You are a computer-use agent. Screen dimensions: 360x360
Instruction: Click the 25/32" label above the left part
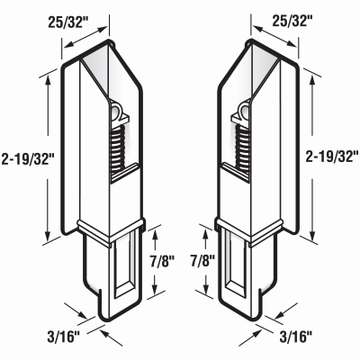click(65, 22)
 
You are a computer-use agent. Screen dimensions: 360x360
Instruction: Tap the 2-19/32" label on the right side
click(331, 157)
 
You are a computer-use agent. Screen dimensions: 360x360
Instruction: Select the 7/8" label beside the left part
click(162, 261)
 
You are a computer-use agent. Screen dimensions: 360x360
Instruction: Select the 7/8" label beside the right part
click(202, 261)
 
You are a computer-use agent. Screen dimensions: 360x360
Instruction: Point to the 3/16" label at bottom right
click(294, 337)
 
